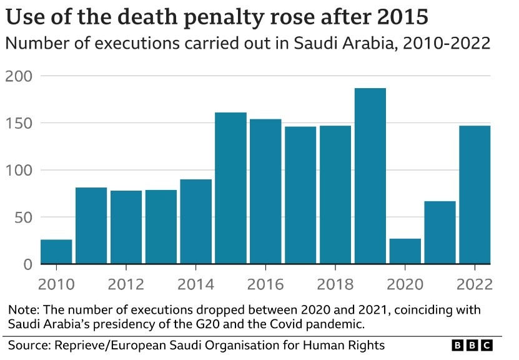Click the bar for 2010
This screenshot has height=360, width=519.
pos(56,252)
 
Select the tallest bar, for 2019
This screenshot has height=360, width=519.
pos(370,176)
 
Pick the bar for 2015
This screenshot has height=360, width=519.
pos(230,188)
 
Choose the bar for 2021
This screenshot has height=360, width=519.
pos(440,232)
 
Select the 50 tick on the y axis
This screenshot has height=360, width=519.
pos(22,217)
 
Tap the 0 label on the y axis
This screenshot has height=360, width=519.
pos(27,264)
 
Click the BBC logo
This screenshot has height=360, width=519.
pos(472,345)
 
